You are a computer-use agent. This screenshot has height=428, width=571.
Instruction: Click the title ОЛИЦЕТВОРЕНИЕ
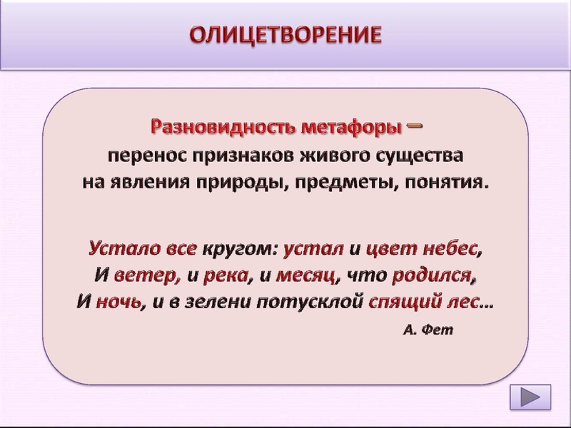pos(285,35)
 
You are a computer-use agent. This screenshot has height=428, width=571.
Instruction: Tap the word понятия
pos(446,180)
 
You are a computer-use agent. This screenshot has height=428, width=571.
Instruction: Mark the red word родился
pos(438,275)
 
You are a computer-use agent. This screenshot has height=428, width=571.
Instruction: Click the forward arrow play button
pos(530,397)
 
